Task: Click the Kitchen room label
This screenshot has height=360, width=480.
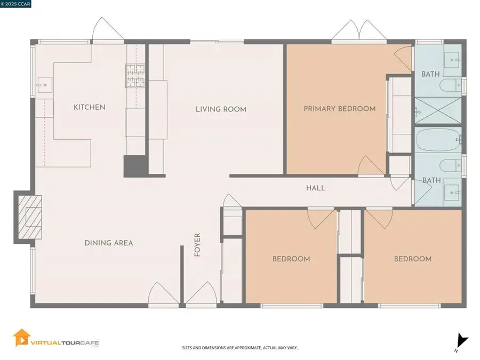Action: pyautogui.click(x=90, y=107)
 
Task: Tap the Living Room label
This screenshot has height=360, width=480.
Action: pyautogui.click(x=221, y=109)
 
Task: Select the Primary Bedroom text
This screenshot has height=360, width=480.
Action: pyautogui.click(x=340, y=109)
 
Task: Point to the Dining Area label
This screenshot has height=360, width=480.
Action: pyautogui.click(x=109, y=243)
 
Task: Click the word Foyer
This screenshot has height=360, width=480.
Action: pyautogui.click(x=197, y=245)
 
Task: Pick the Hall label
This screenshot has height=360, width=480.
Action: pyautogui.click(x=316, y=188)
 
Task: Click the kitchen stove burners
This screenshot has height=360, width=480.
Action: pyautogui.click(x=135, y=75)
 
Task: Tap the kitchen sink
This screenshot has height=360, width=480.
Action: pyautogui.click(x=45, y=85)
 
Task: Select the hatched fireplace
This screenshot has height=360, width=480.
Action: pyautogui.click(x=30, y=217)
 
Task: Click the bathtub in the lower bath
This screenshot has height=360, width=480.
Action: pyautogui.click(x=438, y=140)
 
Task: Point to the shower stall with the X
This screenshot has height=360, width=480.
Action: pyautogui.click(x=438, y=110)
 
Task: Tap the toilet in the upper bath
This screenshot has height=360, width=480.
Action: pyautogui.click(x=451, y=85)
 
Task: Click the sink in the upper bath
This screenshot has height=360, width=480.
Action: pyautogui.click(x=452, y=60)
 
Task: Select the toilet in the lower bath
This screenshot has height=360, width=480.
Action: pyautogui.click(x=451, y=166)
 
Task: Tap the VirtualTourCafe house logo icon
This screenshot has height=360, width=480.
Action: pyautogui.click(x=21, y=338)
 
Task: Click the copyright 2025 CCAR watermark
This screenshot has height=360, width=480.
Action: pyautogui.click(x=15, y=4)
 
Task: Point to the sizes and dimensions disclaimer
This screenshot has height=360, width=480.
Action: pyautogui.click(x=240, y=348)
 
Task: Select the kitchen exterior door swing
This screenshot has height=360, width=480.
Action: pyautogui.click(x=108, y=29)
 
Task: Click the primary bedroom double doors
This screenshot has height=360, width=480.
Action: pyautogui.click(x=359, y=30)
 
